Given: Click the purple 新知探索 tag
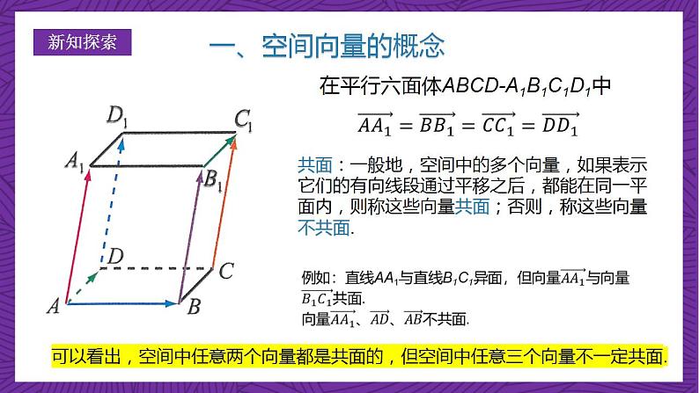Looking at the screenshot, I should [x=80, y=41].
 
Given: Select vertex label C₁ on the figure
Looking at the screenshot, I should [x=243, y=119].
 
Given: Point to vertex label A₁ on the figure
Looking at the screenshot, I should [x=75, y=161].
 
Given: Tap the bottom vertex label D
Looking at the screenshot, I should [x=114, y=256].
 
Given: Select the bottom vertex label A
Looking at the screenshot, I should [x=52, y=307].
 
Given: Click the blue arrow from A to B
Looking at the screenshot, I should [x=123, y=303].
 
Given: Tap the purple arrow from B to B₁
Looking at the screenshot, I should [x=188, y=237].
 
